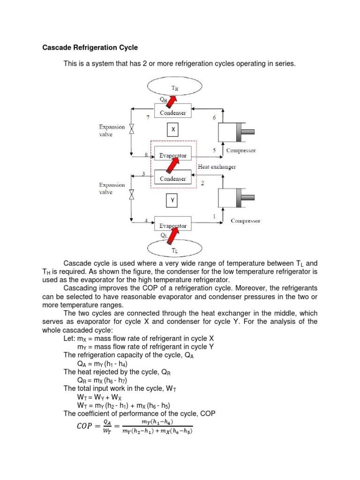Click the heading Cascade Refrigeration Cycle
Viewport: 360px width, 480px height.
(90, 48)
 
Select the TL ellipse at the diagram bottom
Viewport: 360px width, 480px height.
(174, 249)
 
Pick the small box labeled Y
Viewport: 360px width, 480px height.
(172, 201)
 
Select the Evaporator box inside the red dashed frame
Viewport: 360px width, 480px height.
(173, 155)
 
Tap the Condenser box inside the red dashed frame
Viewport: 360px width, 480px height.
(173, 179)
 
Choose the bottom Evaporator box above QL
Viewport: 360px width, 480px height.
(173, 225)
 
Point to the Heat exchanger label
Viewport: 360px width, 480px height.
(217, 167)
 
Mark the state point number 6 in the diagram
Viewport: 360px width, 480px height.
(214, 117)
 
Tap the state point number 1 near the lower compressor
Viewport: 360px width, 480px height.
(215, 216)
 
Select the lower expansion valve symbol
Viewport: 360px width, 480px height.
(132, 193)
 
